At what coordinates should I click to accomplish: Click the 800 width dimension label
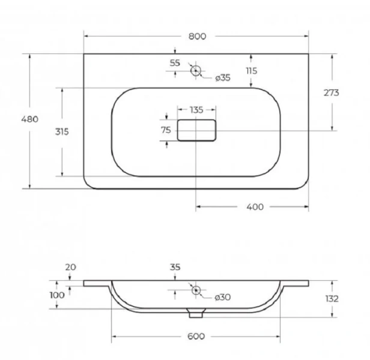197,37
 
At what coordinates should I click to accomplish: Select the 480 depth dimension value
30,119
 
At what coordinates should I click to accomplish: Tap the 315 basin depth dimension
62,131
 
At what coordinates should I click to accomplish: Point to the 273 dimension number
331,93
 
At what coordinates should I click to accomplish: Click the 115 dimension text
252,71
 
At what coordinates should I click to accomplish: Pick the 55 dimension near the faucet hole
175,63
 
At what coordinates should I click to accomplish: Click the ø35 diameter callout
223,77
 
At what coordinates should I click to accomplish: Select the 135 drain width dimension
196,110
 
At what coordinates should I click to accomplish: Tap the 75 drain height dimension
166,130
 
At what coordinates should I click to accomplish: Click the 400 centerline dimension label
255,207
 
